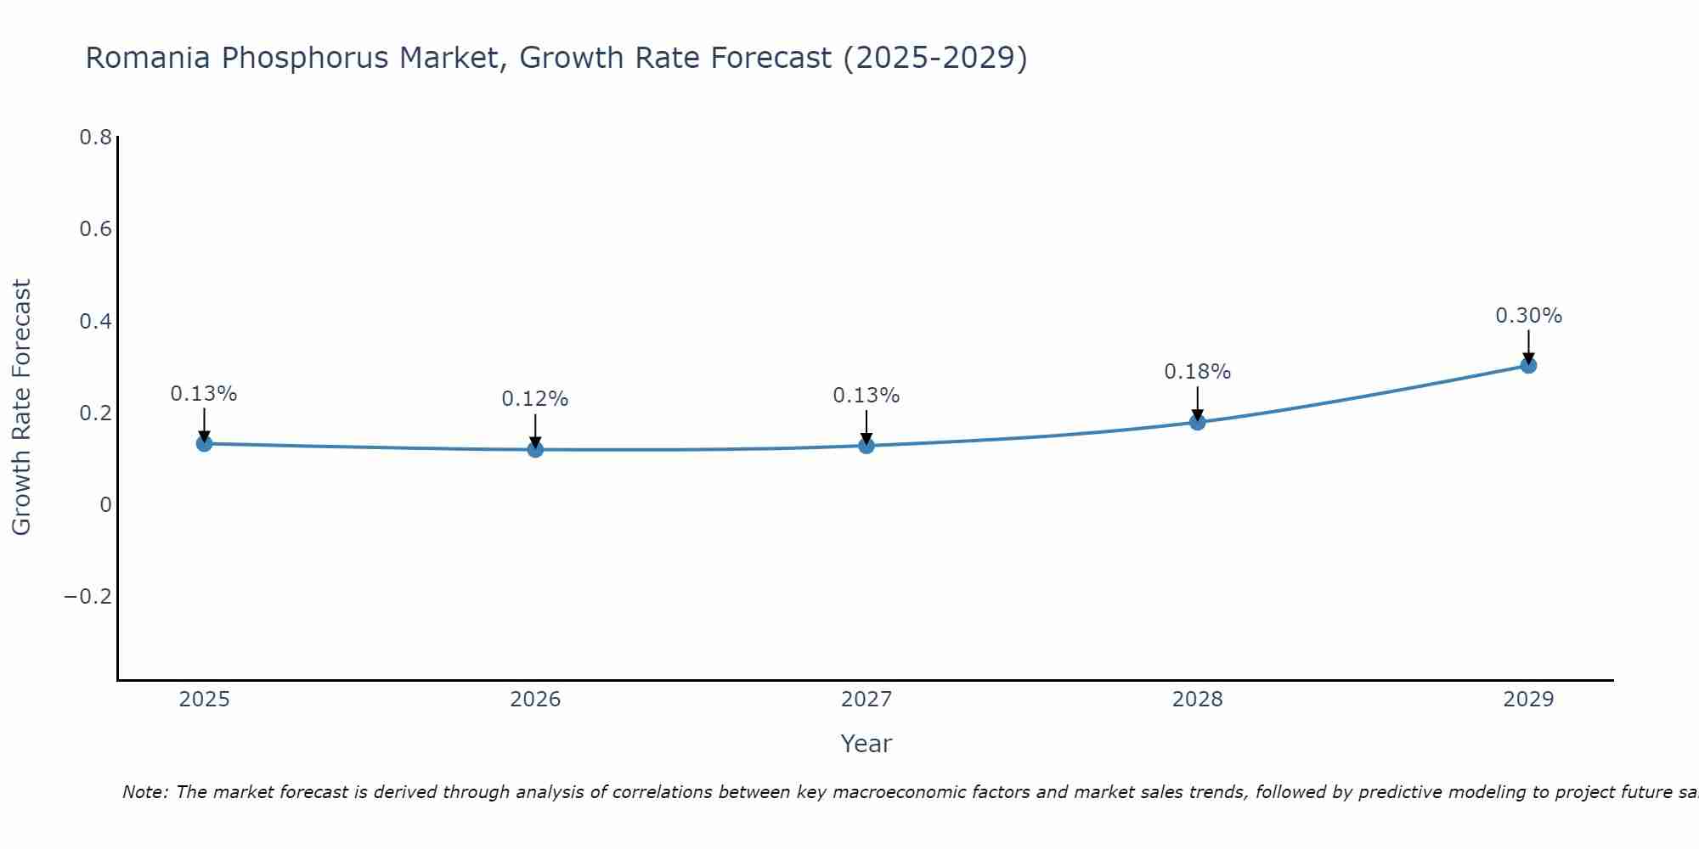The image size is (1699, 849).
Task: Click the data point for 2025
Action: click(204, 443)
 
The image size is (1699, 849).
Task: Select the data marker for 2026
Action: click(535, 449)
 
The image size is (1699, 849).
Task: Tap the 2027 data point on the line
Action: click(866, 446)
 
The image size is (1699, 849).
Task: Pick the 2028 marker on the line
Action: click(1198, 422)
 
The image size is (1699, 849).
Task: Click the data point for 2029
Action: click(1528, 366)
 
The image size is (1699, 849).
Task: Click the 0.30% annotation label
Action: click(1528, 316)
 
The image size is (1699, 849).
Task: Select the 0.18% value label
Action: click(1197, 372)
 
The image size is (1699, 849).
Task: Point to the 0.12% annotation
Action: click(534, 399)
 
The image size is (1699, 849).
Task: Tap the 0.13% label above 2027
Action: click(866, 396)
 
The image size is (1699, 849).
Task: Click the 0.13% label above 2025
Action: click(203, 394)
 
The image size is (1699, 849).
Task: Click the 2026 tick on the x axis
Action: click(535, 700)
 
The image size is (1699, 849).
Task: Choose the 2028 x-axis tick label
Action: click(1197, 700)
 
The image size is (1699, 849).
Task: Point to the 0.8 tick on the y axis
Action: click(95, 138)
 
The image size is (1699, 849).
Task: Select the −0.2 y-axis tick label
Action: click(88, 597)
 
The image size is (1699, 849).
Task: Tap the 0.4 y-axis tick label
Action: click(95, 322)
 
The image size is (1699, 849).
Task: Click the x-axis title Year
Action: click(866, 745)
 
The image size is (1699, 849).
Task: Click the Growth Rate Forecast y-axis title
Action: click(21, 408)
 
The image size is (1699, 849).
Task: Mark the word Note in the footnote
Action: click(144, 793)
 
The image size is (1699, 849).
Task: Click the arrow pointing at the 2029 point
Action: click(1528, 346)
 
